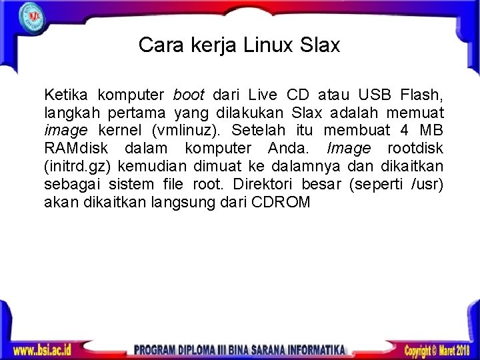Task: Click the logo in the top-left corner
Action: click(31, 15)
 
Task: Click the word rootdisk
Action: click(415, 147)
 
